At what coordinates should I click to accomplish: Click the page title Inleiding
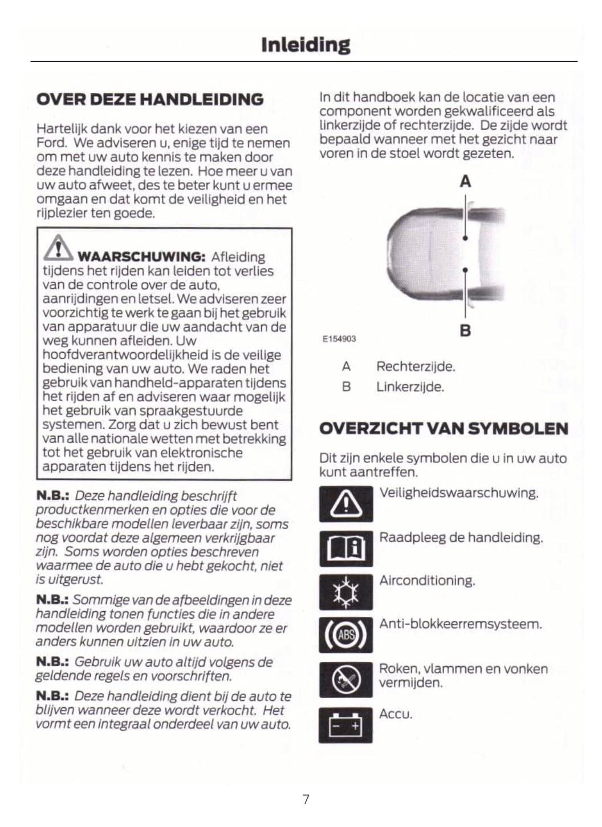(306, 45)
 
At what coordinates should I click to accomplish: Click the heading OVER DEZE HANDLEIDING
(150, 99)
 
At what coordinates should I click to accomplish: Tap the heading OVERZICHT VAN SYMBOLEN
(444, 429)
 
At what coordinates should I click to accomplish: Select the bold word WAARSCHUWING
(141, 257)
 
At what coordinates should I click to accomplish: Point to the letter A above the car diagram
(465, 181)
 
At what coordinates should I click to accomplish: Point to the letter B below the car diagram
(465, 330)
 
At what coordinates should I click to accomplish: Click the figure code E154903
(339, 338)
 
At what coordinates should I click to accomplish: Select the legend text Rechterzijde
(416, 366)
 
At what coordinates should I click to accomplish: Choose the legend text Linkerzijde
(410, 387)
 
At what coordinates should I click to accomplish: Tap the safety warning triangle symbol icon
(346, 504)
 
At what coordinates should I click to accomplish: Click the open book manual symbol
(346, 548)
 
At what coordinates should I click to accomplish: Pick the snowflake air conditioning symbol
(346, 592)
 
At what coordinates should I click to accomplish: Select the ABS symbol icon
(346, 635)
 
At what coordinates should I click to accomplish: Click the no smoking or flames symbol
(346, 680)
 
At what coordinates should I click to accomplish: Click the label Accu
(396, 714)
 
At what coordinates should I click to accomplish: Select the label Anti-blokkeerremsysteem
(461, 624)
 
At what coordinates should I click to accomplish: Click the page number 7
(306, 799)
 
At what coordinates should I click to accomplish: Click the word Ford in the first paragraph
(51, 143)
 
